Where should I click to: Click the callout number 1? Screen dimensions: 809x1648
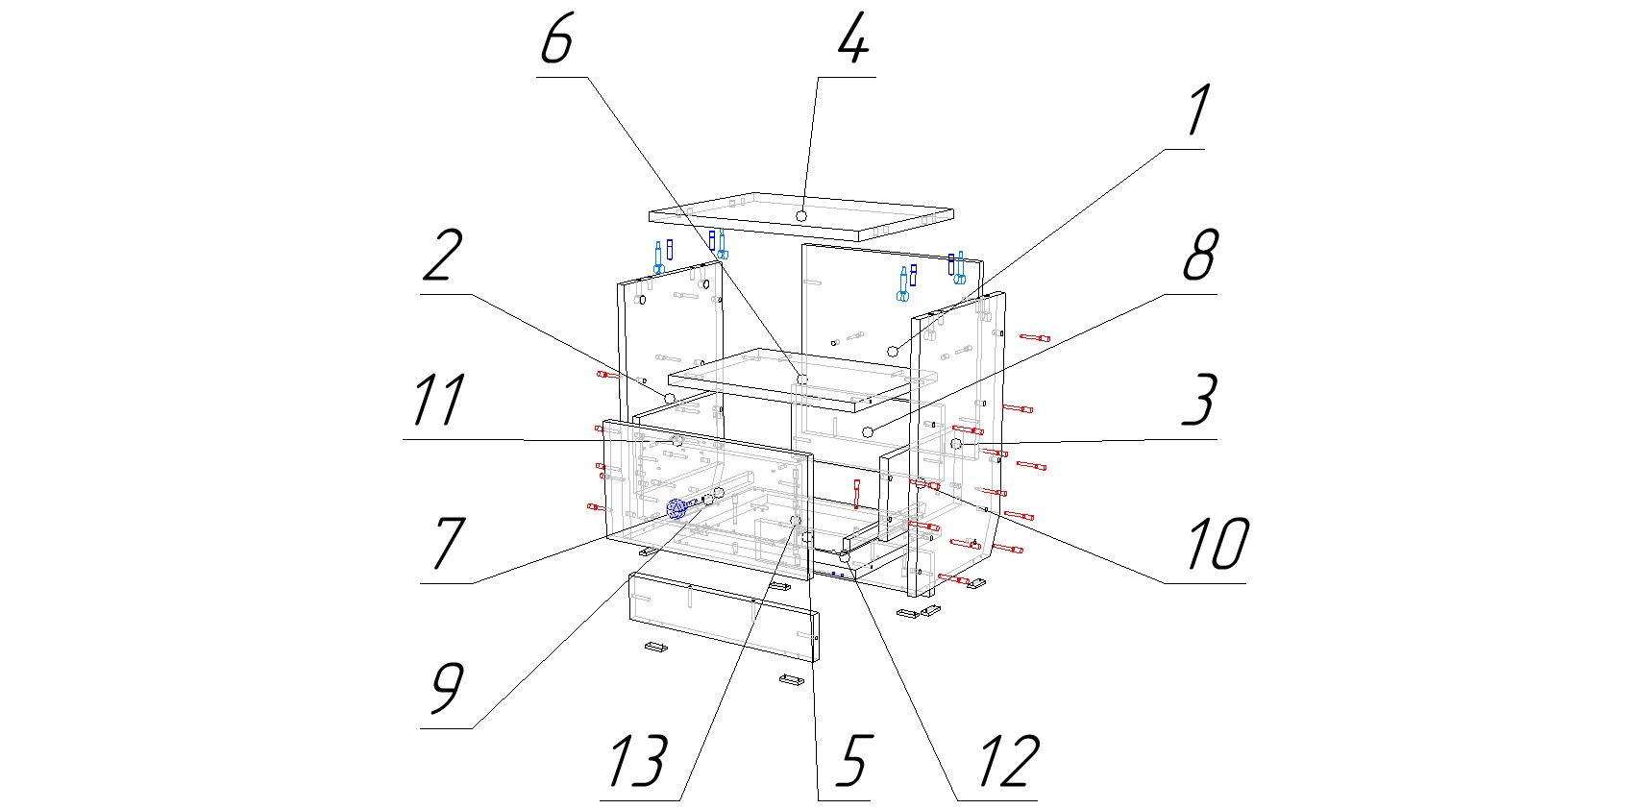tap(1197, 112)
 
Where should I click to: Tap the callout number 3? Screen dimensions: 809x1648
tap(1198, 401)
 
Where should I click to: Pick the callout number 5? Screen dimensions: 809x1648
tap(851, 761)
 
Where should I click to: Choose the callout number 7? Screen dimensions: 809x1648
tap(448, 544)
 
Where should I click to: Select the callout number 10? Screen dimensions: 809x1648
tap(1217, 545)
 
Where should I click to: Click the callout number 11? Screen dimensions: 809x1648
tap(439, 401)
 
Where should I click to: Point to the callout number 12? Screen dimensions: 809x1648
tap(1007, 761)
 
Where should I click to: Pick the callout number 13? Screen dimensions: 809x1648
tap(637, 761)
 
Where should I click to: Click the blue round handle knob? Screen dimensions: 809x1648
tap(676, 510)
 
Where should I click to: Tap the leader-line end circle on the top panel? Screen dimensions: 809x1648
tap(800, 216)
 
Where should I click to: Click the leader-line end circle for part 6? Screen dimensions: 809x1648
tap(801, 380)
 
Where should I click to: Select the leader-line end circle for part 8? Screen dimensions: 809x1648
tap(868, 431)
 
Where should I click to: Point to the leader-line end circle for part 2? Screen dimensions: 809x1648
tap(669, 397)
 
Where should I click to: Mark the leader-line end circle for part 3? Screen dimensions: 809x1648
tap(956, 444)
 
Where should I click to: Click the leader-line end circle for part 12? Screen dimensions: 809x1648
tap(845, 556)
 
